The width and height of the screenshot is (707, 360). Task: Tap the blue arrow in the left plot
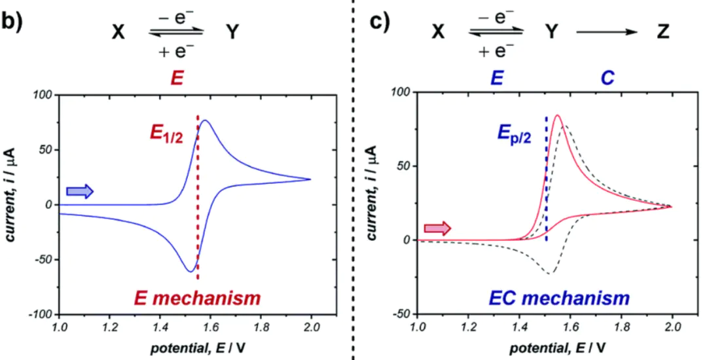[81, 191]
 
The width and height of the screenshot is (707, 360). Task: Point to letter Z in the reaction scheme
[663, 31]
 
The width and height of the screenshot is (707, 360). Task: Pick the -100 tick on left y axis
[41, 315]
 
